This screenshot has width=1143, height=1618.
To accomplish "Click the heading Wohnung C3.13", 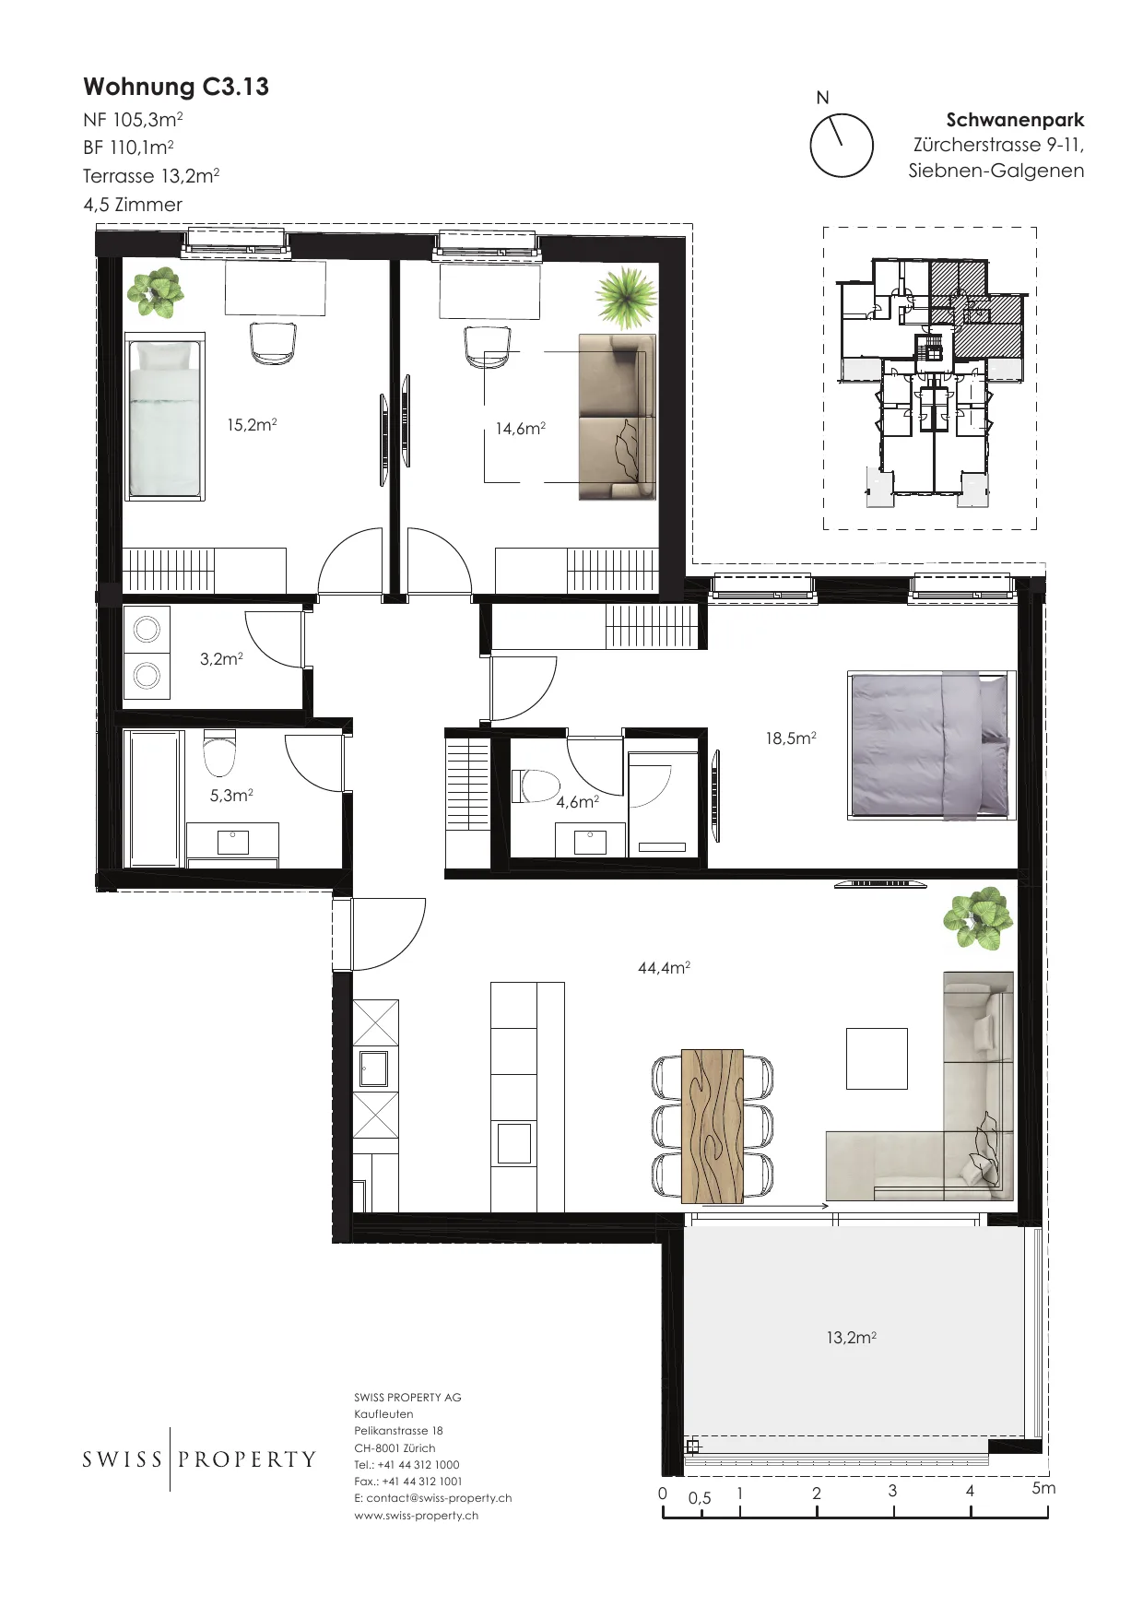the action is coord(176,87).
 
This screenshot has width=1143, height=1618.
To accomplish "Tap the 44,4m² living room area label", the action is coord(664,967).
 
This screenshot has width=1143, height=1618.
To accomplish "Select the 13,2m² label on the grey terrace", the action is coord(851,1337).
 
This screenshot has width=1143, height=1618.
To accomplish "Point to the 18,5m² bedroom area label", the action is coord(791,738).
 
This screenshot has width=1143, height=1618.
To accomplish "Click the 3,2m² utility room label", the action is coord(221,658).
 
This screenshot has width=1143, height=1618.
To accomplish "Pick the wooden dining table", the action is coord(713,1126).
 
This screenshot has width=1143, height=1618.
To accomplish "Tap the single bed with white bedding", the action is coord(164,417).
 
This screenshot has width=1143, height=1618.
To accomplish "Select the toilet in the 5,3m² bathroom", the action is coord(219,754).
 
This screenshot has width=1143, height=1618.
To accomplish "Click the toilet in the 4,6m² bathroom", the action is coord(536,786).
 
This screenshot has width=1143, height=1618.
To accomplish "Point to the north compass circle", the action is coord(842,146).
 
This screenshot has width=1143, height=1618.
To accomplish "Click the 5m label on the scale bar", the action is coord(1043,1488).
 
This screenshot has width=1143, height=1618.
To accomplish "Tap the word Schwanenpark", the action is coord(1015,120).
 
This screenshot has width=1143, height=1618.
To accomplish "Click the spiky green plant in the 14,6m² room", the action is coord(627,297).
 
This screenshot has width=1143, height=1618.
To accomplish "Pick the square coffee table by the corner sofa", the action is coord(877,1058).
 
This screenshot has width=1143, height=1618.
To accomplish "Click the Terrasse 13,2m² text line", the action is coord(151,176).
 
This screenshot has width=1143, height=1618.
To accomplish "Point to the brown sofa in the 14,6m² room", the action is coord(617,417).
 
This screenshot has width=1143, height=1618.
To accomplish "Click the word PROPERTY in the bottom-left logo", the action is coord(247,1459).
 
